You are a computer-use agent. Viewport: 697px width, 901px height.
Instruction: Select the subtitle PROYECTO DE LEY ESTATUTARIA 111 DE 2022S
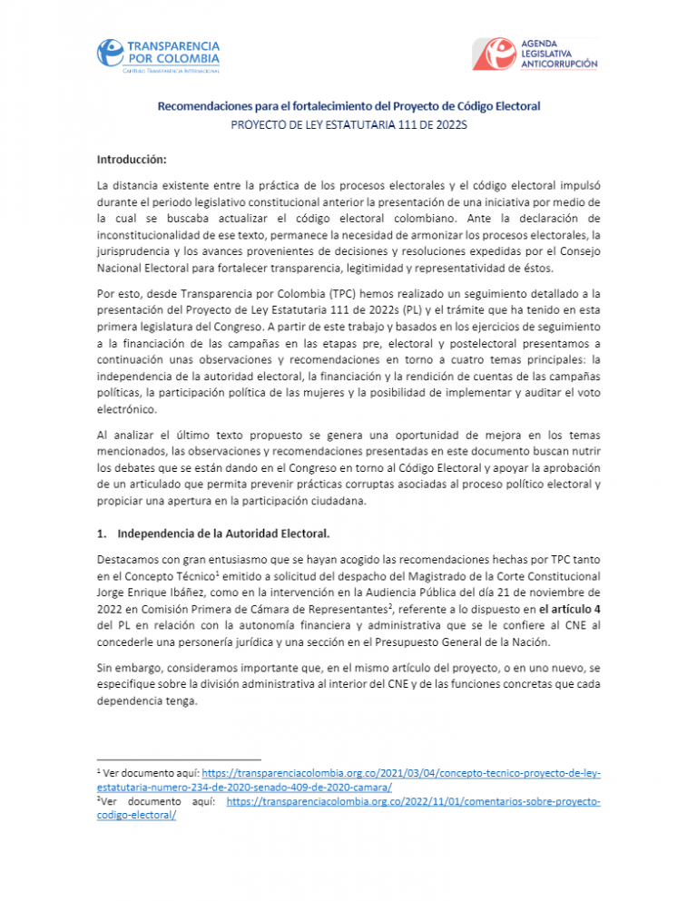[x=348, y=125]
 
